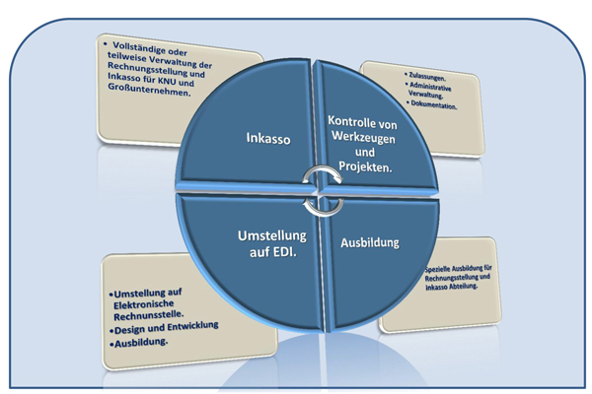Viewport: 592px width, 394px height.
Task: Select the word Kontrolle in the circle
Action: click(x=348, y=119)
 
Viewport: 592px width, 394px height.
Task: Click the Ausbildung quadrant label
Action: click(x=372, y=239)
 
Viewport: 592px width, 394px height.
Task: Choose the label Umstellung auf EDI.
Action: click(x=272, y=244)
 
